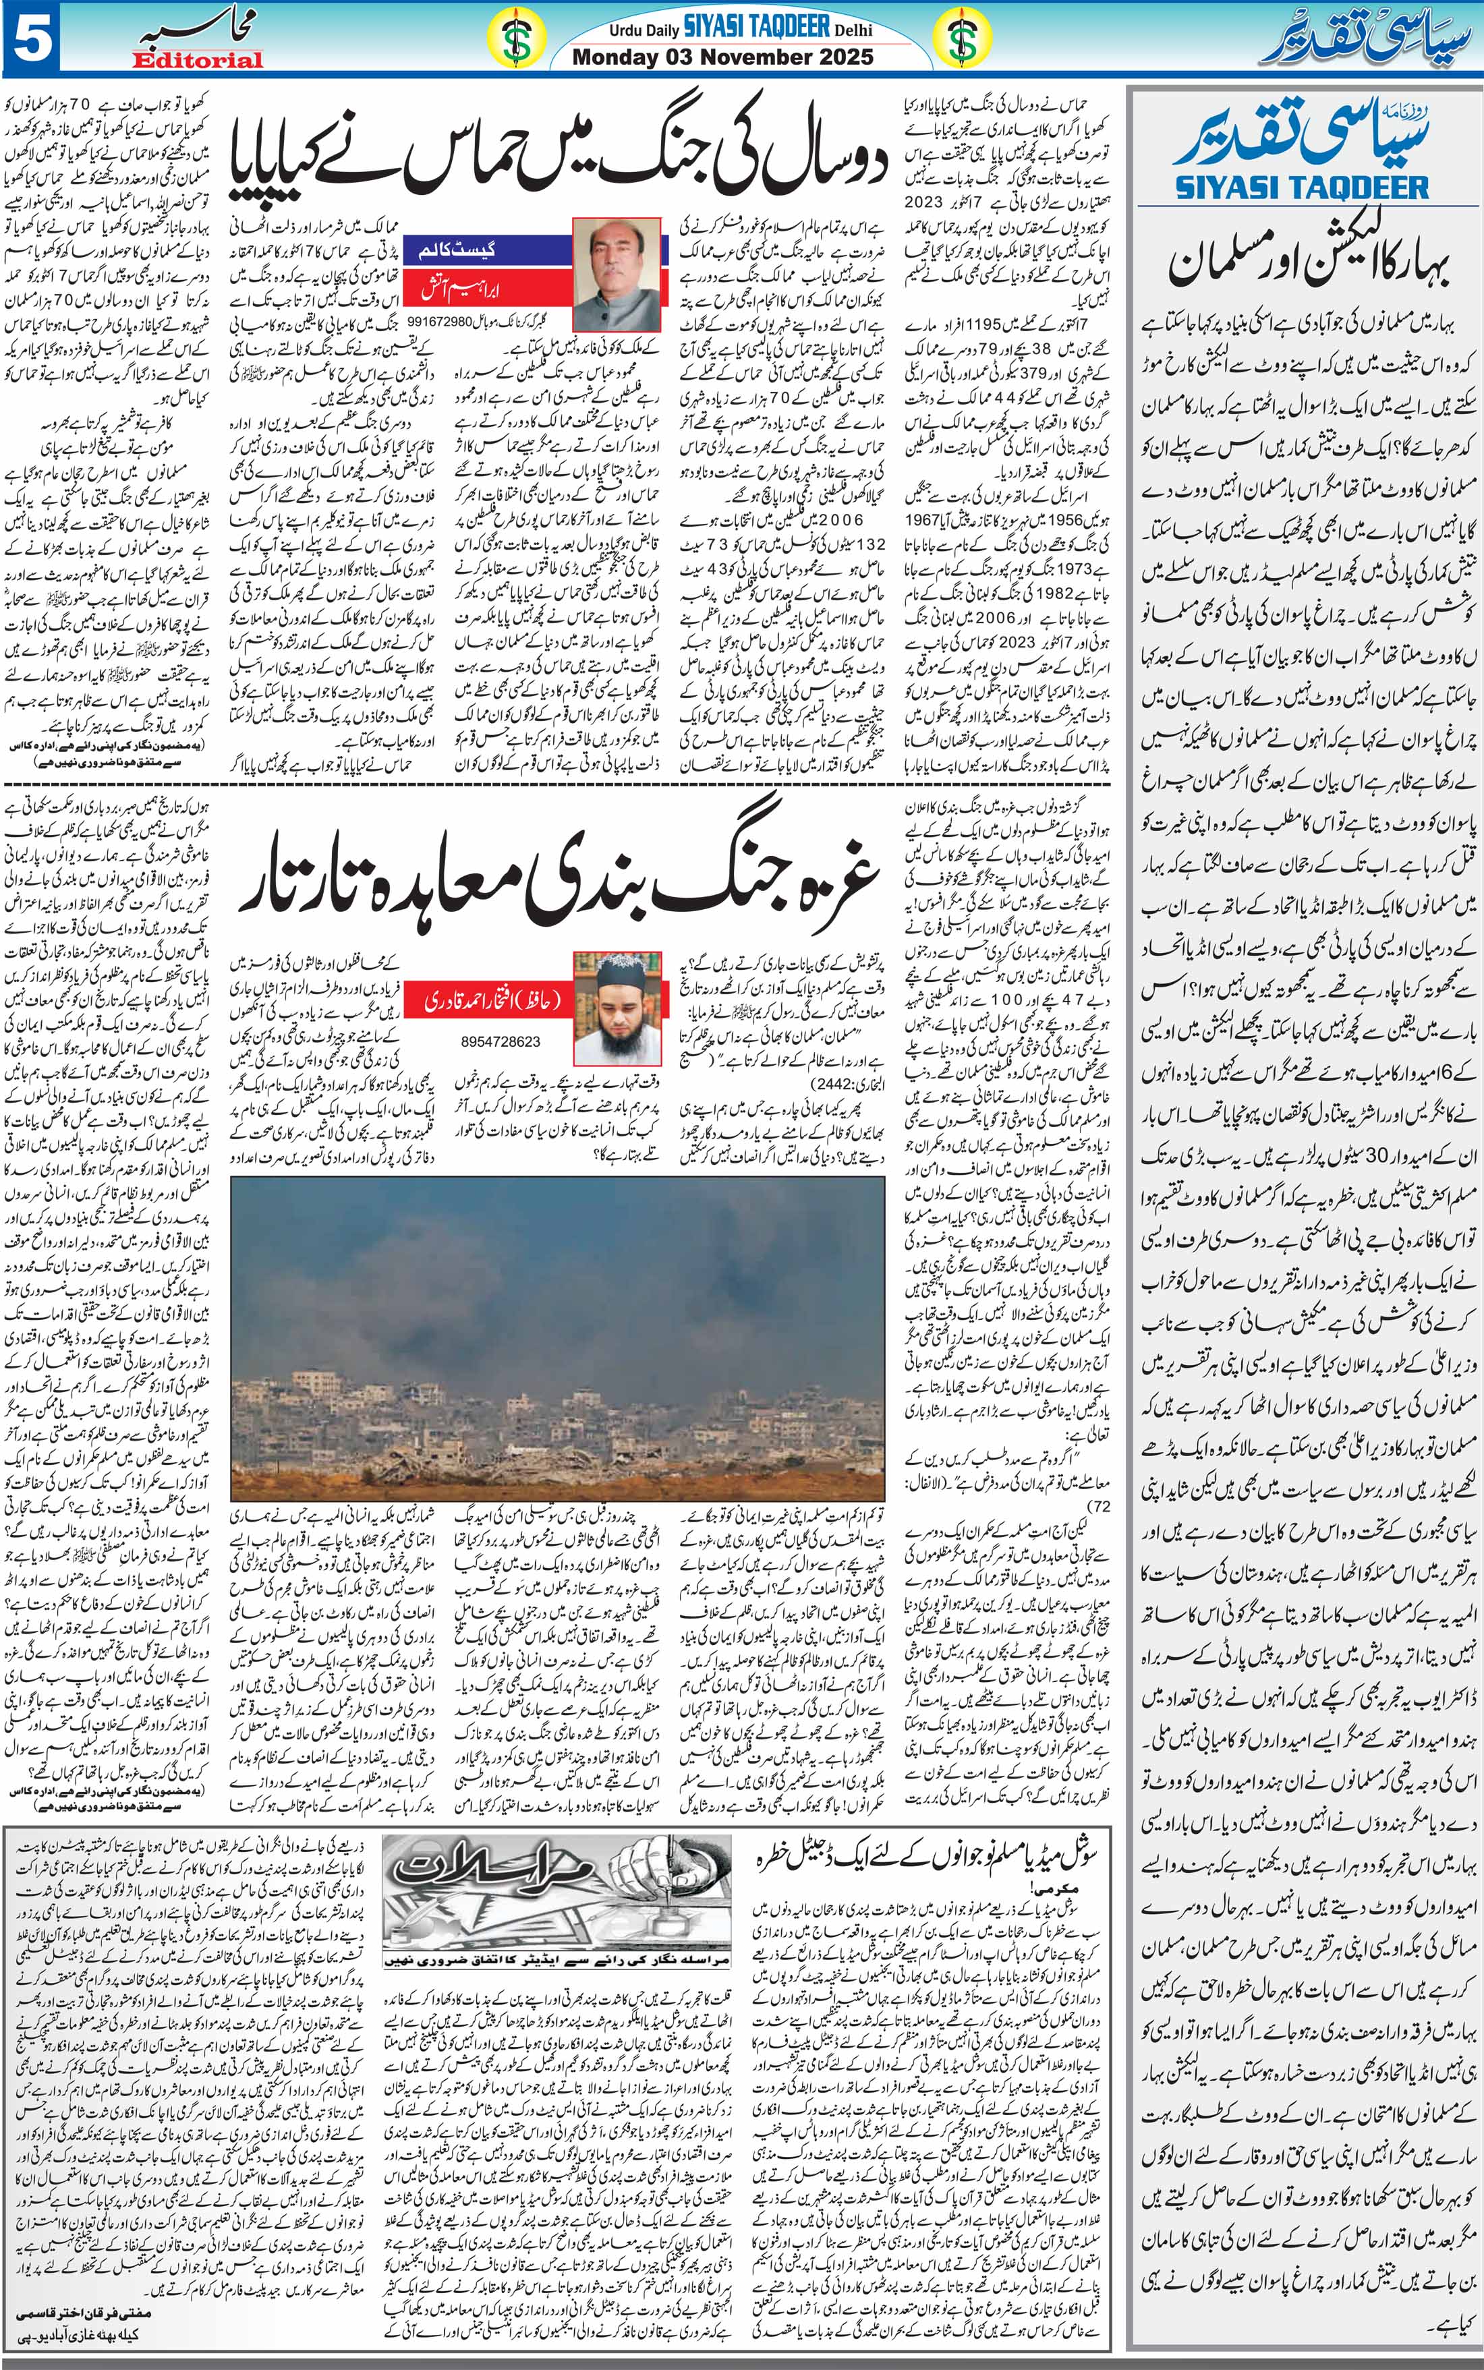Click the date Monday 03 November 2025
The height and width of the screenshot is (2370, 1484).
[722, 57]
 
